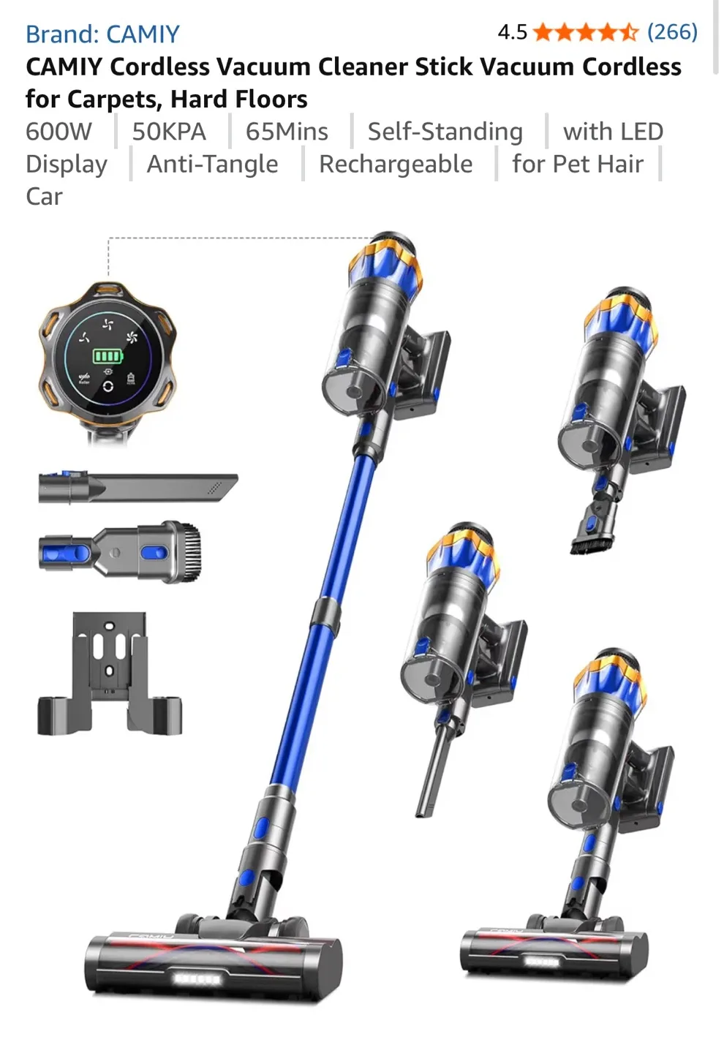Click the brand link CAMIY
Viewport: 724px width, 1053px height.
[x=102, y=34]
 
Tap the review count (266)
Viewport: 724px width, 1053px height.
[x=672, y=32]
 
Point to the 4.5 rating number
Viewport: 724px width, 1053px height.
[x=512, y=32]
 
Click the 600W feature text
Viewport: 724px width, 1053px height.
[x=59, y=132]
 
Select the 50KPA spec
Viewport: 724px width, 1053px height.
[x=169, y=132]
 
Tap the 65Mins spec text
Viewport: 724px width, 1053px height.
[x=287, y=132]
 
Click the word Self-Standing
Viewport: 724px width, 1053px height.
[x=445, y=132]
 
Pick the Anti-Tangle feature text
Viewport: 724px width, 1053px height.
[x=212, y=164]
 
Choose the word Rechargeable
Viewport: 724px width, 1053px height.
[x=396, y=164]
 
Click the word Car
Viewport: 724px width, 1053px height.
[x=44, y=197]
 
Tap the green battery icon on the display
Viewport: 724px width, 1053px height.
[x=108, y=356]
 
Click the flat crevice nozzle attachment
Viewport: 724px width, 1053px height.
[x=139, y=487]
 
